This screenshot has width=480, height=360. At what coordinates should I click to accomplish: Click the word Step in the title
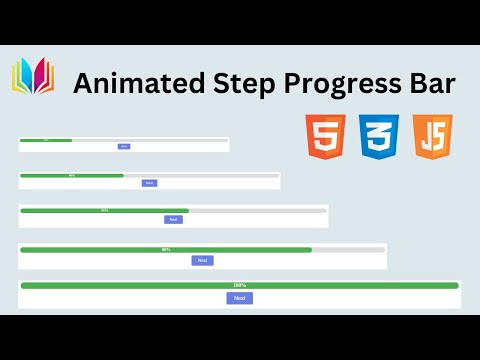pos(236,84)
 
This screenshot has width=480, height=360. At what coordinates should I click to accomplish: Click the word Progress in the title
pos(339,84)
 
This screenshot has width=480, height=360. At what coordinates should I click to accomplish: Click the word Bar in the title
pos(436,84)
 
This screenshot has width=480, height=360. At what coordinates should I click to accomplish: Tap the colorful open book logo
pos(33,76)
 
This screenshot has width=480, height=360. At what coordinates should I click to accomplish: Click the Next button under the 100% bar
pos(239,298)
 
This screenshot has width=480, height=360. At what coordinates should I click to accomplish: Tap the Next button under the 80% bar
pos(203,260)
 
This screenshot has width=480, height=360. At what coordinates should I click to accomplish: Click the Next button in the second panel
pos(149,183)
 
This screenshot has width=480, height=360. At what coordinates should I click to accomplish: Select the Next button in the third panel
pos(174,219)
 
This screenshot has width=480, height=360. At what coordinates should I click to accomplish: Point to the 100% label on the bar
pos(239,285)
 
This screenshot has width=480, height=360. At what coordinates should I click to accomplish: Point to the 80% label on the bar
pos(166,249)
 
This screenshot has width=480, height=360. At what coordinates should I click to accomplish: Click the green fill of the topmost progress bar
pos(46,140)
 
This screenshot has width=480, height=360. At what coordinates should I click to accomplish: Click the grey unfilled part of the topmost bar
pos(150,140)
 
